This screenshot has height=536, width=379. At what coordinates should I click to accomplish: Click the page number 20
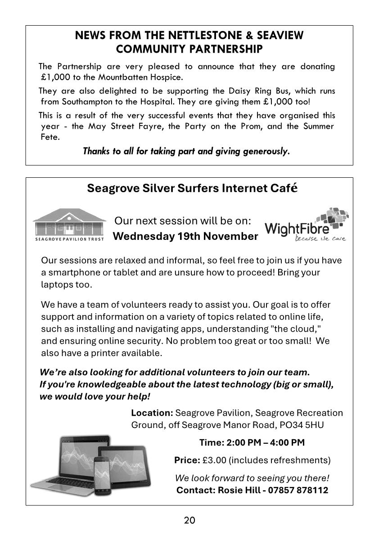point(189,521)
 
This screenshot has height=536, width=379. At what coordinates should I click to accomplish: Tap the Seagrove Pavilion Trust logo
point(69,225)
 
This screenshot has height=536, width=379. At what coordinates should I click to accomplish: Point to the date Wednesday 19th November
point(185,236)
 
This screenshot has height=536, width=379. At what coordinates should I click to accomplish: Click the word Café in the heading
point(284,188)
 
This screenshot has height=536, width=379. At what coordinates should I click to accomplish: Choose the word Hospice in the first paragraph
point(167,77)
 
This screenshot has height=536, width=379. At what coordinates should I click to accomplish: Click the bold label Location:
point(152,413)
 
